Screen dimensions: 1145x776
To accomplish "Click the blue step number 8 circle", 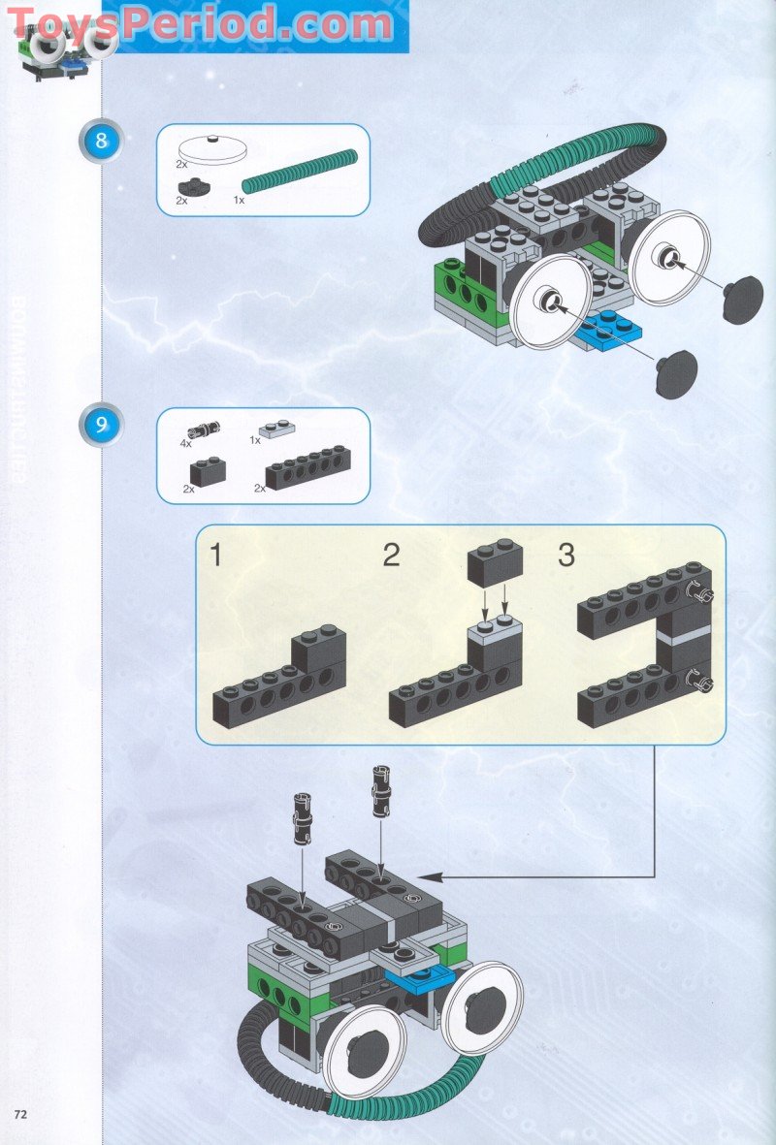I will pyautogui.click(x=102, y=142).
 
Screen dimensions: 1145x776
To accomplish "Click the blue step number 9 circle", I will pyautogui.click(x=102, y=425).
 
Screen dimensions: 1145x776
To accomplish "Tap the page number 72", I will pyautogui.click(x=19, y=1111).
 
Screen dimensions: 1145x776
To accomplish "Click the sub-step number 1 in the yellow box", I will pyautogui.click(x=216, y=556).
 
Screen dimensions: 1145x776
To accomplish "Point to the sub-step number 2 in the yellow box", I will pyautogui.click(x=391, y=556).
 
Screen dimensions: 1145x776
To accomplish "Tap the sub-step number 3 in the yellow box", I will pyautogui.click(x=566, y=556).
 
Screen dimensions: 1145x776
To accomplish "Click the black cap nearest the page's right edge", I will pyautogui.click(x=742, y=298).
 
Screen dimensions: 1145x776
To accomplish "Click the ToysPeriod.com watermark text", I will pyautogui.click(x=204, y=23).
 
